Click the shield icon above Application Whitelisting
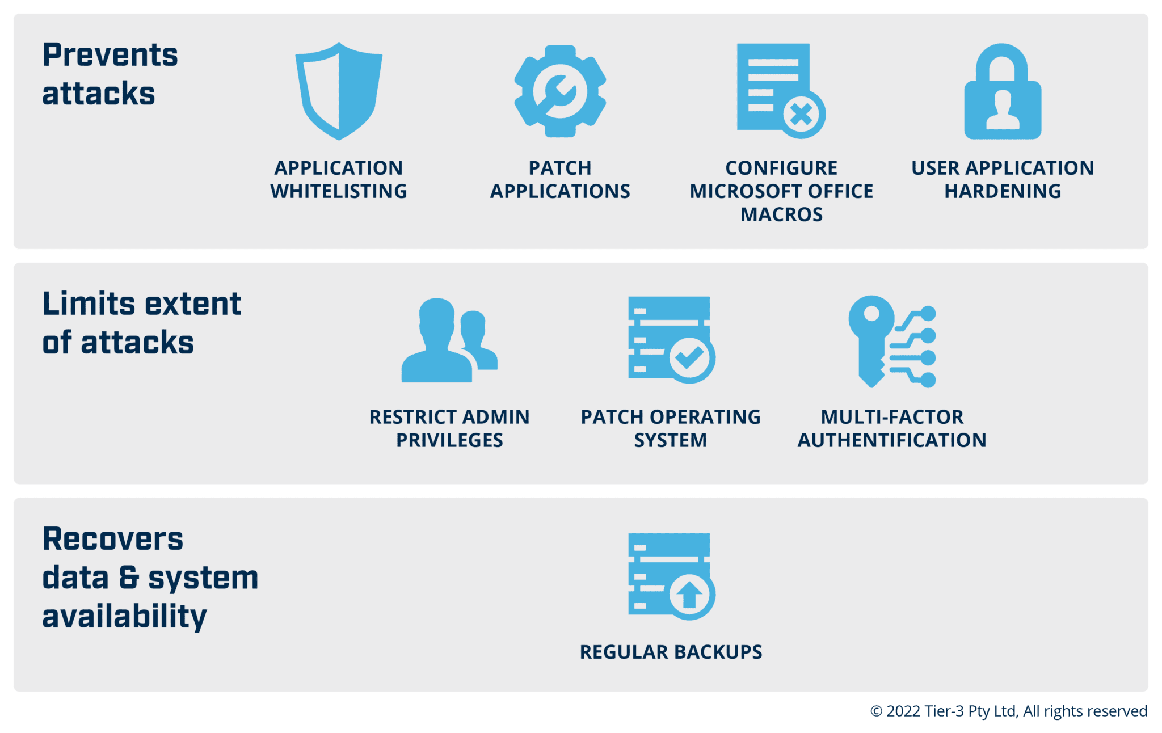(x=339, y=91)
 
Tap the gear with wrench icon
(x=560, y=91)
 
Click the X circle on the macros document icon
(x=801, y=115)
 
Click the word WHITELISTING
(x=339, y=192)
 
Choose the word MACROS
(x=781, y=215)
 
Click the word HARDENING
(x=1003, y=192)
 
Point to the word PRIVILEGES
(x=449, y=441)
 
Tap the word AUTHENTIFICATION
(x=892, y=441)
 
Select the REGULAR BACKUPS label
(x=671, y=652)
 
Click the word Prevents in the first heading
(x=110, y=56)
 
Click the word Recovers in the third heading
(x=113, y=539)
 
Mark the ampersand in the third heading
(x=129, y=578)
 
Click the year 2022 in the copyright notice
(x=903, y=711)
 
